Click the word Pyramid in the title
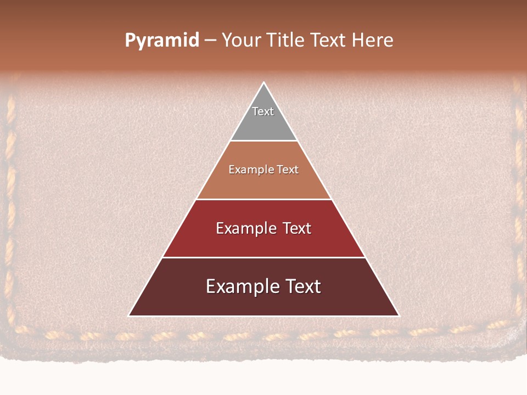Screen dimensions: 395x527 pos(162,41)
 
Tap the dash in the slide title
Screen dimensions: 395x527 pos(210,41)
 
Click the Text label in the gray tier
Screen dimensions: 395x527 pos(263,111)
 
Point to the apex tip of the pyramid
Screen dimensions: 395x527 pos(264,83)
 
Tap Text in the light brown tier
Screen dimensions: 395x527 pos(287,170)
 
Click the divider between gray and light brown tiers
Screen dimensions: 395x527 pos(264,141)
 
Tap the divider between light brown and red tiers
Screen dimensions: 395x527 pos(264,199)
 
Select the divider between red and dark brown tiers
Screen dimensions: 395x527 pos(264,257)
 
